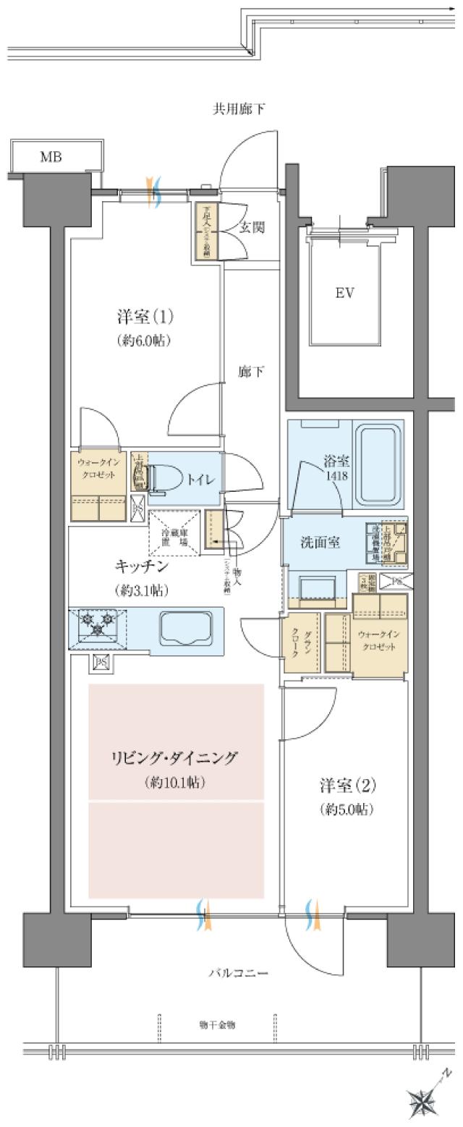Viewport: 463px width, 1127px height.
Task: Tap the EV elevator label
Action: click(345, 293)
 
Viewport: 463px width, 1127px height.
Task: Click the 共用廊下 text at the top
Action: click(238, 110)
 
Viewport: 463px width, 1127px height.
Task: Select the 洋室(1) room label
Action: click(145, 318)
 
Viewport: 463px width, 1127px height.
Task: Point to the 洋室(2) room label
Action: click(348, 785)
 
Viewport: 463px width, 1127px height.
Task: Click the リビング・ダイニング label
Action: click(175, 758)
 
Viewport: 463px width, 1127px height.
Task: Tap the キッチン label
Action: click(141, 566)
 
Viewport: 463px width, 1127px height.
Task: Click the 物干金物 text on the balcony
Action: click(216, 1025)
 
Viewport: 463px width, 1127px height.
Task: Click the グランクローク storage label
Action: click(301, 643)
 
